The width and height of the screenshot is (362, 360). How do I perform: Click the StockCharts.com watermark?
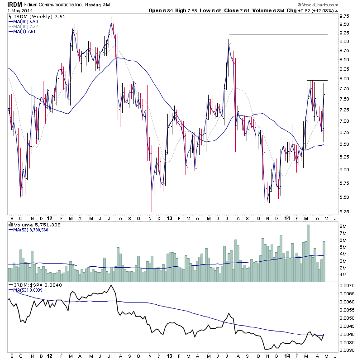tap(335, 5)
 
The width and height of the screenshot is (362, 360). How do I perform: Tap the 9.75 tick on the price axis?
tap(344, 16)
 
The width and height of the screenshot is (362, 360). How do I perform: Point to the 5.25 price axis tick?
tap(344, 211)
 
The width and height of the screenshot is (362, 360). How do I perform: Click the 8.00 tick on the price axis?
tap(344, 78)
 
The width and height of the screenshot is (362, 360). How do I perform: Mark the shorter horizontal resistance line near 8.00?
tap(317, 81)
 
